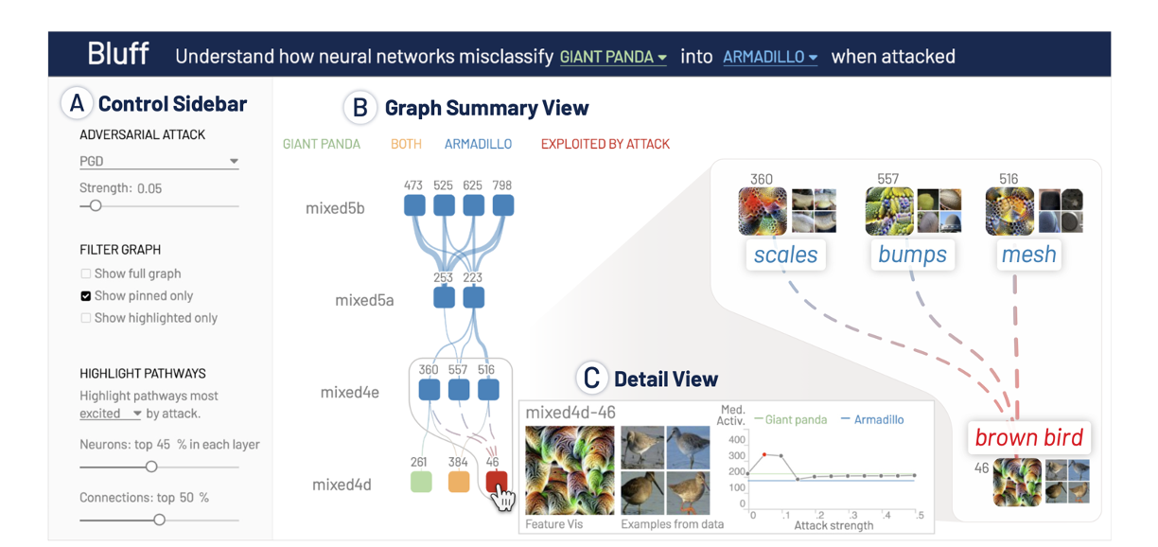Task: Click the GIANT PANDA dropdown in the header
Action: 613,57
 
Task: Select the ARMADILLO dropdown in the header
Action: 770,57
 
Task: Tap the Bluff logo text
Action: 118,54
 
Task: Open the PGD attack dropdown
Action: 159,162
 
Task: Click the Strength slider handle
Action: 95,205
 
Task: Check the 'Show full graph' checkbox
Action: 86,273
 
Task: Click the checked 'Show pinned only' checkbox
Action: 86,296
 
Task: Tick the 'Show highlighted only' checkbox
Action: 86,318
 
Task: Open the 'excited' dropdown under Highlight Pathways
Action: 110,414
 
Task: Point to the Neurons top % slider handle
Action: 150,466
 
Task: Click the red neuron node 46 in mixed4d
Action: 497,482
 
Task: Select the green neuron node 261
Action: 421,482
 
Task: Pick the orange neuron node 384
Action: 459,482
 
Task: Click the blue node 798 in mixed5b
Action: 502,205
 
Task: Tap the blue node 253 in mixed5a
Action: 443,298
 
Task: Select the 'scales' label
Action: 785,254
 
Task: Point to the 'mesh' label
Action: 1028,254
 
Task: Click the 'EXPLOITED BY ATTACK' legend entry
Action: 605,145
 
